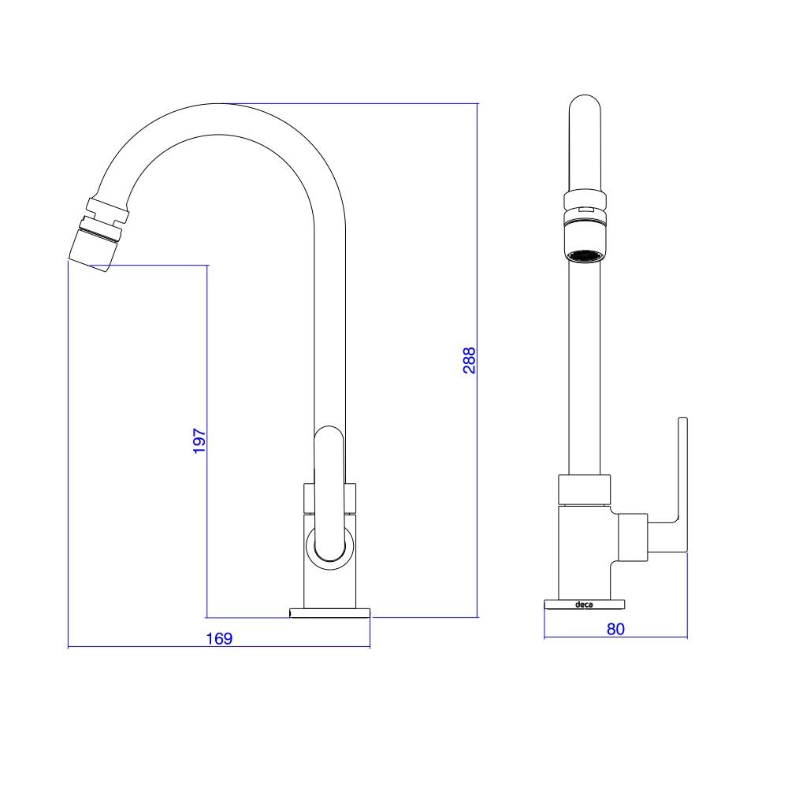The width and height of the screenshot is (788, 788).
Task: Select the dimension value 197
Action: pyautogui.click(x=199, y=440)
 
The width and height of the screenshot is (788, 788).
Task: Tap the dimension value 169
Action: pyautogui.click(x=219, y=638)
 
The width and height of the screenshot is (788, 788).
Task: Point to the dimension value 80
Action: pyautogui.click(x=615, y=629)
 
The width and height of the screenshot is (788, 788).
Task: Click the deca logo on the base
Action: pyautogui.click(x=584, y=605)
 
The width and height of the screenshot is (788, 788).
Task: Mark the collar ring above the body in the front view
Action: pyautogui.click(x=584, y=489)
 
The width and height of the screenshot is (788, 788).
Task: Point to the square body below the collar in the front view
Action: pyautogui.click(x=584, y=552)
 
